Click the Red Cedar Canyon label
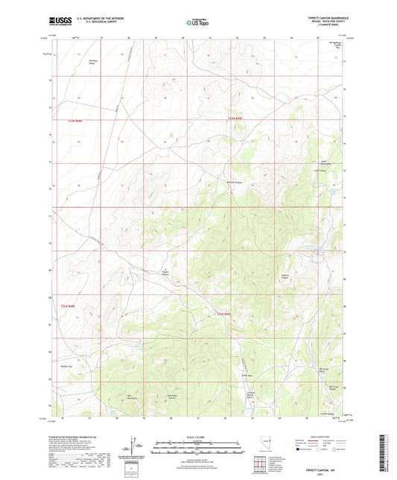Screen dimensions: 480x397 336,386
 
